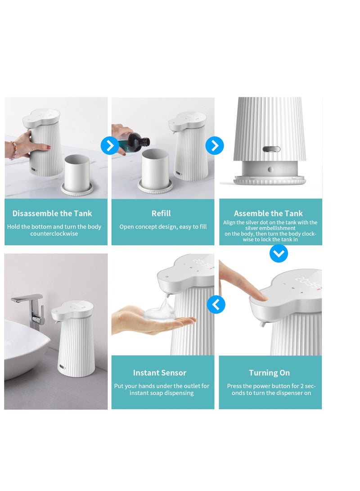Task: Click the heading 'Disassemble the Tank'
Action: [52, 213]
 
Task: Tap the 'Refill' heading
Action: [161, 213]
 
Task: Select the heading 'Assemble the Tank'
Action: [268, 213]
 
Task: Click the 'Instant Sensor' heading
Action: [160, 373]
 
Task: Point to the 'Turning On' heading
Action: [270, 373]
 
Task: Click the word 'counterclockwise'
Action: [54, 234]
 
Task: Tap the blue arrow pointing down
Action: [279, 253]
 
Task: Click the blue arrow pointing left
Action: [216, 304]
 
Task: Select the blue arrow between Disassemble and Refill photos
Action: [110, 146]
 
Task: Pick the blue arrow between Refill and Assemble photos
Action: [215, 146]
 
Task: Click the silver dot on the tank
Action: [270, 169]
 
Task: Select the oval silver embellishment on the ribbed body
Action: [271, 149]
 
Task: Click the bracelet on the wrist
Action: [14, 150]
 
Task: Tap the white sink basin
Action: [25, 347]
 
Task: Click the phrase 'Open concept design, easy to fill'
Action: [163, 227]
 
